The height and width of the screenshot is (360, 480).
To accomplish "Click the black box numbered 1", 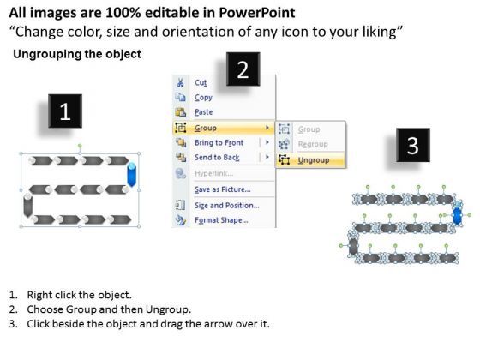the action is (65, 111).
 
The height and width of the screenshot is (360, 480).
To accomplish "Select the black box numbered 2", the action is (243, 69).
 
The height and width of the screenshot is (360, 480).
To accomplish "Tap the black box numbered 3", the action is (412, 145).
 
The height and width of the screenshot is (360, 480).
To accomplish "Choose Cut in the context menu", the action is (201, 82).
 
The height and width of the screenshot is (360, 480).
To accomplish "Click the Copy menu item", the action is (203, 98).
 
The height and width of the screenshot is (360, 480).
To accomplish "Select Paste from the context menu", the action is (204, 112).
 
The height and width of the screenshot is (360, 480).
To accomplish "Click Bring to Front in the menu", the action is (219, 142).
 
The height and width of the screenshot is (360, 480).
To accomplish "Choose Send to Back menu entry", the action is (217, 158).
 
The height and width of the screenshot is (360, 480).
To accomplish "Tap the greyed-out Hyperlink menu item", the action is (213, 173).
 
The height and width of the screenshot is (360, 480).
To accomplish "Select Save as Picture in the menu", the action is (223, 189).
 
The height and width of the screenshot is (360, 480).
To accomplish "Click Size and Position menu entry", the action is (227, 206).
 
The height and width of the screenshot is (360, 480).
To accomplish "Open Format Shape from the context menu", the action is (221, 220).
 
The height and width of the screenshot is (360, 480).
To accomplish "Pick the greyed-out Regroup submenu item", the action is (313, 144).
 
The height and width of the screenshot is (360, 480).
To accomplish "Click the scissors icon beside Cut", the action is (180, 82).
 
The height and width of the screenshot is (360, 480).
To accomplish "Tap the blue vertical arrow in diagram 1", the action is (132, 175).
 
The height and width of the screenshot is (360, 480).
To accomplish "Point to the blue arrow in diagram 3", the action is (458, 215).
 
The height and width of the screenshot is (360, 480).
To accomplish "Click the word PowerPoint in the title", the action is (257, 13).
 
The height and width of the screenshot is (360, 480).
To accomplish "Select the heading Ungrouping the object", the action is (77, 54).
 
